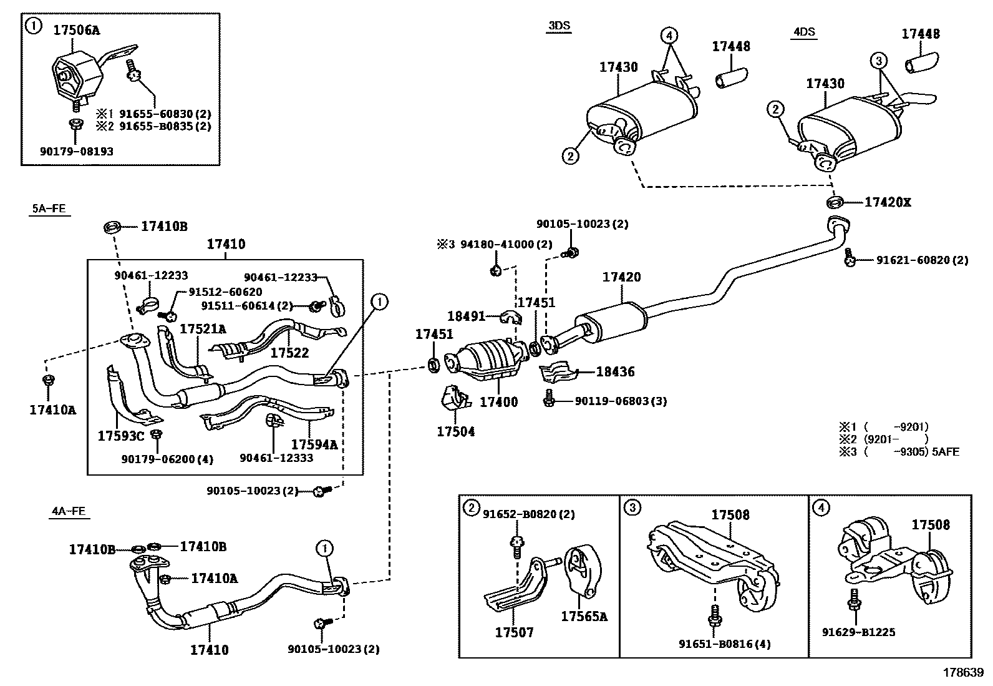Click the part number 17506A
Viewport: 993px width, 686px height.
pyautogui.click(x=76, y=30)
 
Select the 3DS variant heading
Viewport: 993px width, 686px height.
pyautogui.click(x=559, y=26)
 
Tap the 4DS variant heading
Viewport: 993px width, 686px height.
pyautogui.click(x=804, y=31)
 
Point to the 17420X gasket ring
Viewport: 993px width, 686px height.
pyautogui.click(x=835, y=202)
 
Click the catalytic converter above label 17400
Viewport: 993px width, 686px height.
pyautogui.click(x=487, y=360)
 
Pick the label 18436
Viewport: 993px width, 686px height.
pyautogui.click(x=615, y=372)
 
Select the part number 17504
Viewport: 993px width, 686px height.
pyautogui.click(x=456, y=431)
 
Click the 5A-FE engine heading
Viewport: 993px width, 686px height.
pyautogui.click(x=49, y=208)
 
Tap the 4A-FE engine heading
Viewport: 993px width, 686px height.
pyautogui.click(x=69, y=511)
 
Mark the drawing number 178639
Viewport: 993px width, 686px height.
pyautogui.click(x=963, y=672)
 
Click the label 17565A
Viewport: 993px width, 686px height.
pyautogui.click(x=584, y=616)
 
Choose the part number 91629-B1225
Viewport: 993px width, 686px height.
pyautogui.click(x=859, y=632)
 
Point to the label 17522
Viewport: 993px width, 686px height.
pyautogui.click(x=289, y=353)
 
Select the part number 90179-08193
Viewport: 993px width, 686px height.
pyautogui.click(x=77, y=151)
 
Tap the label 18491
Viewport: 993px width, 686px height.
pyautogui.click(x=467, y=316)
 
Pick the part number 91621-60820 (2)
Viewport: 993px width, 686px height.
pyautogui.click(x=923, y=260)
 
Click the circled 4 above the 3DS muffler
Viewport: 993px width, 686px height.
pyautogui.click(x=669, y=35)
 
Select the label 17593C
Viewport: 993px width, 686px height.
pyautogui.click(x=121, y=436)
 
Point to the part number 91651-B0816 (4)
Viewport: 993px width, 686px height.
pyautogui.click(x=725, y=644)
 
